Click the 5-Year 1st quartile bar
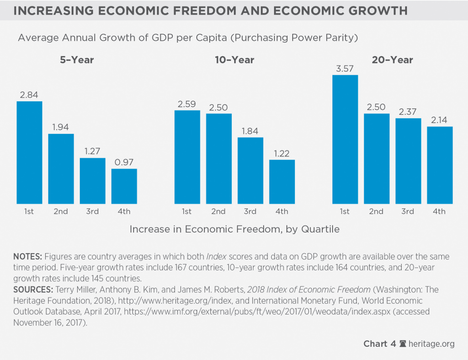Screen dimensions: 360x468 29,152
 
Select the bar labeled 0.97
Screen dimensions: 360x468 124,186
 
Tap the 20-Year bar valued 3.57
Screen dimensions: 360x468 345,139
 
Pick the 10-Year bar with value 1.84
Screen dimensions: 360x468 250,170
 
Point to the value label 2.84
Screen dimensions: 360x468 29,95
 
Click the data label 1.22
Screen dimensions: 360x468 282,153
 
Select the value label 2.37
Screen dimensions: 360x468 408,112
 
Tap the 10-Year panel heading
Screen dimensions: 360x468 234,60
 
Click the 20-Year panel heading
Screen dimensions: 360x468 392,60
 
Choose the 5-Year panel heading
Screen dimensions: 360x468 76,60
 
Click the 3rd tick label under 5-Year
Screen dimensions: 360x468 92,211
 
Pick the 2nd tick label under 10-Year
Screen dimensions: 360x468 218,211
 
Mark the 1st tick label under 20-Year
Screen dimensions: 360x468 345,211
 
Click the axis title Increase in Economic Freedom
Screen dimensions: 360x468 234,229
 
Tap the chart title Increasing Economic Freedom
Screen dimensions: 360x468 210,11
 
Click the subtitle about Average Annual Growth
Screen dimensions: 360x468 187,38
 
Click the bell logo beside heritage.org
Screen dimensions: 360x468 403,344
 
